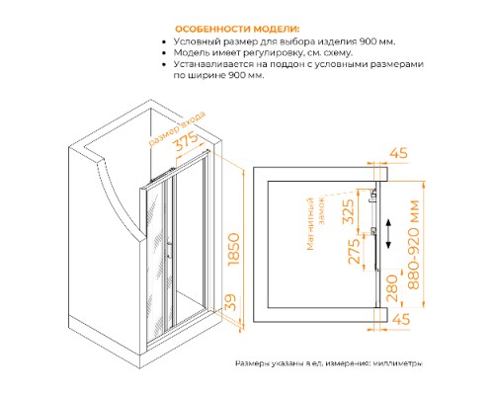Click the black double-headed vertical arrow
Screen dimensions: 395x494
point(391,235)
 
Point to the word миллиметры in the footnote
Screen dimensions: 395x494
point(396,363)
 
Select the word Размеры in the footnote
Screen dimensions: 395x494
point(254,363)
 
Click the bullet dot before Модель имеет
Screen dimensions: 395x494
point(162,56)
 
